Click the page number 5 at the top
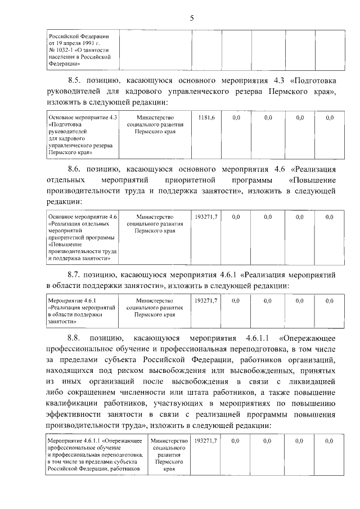pos(192,18)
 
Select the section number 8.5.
pos(75,80)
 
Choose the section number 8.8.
pos(75,338)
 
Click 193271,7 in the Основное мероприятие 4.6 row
pos(206,217)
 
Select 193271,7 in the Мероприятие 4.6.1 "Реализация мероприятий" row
pos(206,301)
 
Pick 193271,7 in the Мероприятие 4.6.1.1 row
pos(206,441)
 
